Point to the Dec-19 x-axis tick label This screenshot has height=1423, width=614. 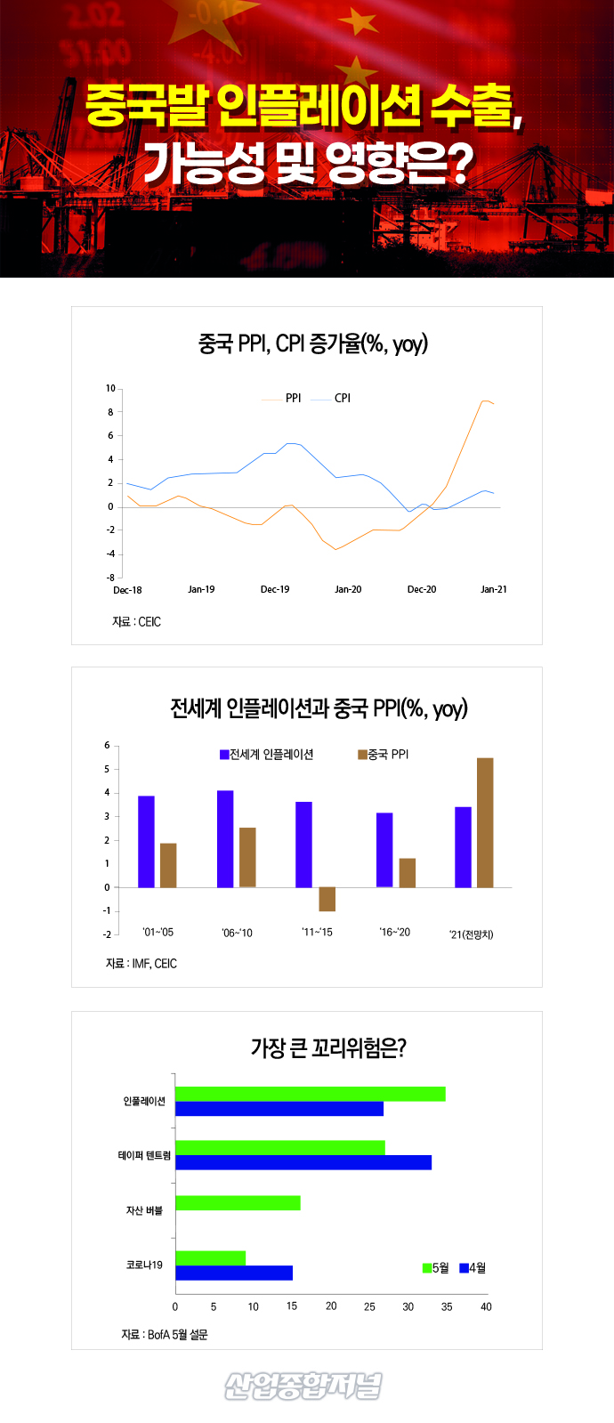click(275, 589)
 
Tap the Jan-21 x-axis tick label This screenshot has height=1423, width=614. click(494, 589)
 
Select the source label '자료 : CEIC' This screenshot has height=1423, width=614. click(136, 622)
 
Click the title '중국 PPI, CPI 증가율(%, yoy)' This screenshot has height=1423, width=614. click(312, 344)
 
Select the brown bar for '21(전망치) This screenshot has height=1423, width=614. click(485, 822)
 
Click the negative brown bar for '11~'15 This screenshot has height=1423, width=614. click(327, 899)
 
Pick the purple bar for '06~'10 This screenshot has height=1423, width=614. click(225, 838)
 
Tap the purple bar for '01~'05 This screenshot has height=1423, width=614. click(146, 841)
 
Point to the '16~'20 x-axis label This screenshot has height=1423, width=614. click(395, 933)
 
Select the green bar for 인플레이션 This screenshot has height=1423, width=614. click(310, 1094)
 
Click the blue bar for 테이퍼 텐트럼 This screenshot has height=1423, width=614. click(303, 1162)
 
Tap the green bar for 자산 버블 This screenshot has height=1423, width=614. click(238, 1203)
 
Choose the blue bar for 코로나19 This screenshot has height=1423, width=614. click(233, 1273)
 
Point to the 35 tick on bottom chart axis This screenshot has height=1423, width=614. click(447, 1306)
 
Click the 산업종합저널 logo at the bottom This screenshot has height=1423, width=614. click(303, 1386)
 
